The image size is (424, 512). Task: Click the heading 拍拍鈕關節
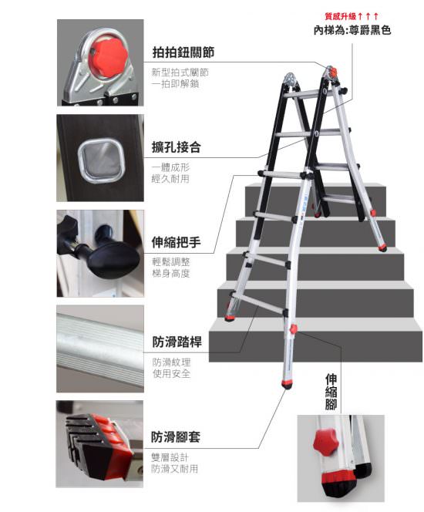click(x=183, y=52)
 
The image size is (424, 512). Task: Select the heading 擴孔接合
click(x=176, y=147)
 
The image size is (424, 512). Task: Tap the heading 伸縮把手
click(x=176, y=242)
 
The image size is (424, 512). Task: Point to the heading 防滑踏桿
click(x=177, y=342)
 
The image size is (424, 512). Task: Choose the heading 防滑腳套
click(x=176, y=437)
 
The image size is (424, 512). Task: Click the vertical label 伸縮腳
click(x=331, y=392)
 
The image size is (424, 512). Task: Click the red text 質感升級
click(x=340, y=16)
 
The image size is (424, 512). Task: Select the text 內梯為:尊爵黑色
click(x=352, y=30)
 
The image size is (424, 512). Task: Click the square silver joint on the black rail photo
click(x=101, y=160)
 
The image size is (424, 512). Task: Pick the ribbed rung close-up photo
click(x=100, y=349)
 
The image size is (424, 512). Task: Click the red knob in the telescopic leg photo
click(x=325, y=441)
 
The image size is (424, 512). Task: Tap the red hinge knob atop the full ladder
click(x=332, y=72)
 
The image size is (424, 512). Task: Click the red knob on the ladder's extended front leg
click(x=293, y=329)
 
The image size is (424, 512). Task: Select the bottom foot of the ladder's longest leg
click(x=287, y=384)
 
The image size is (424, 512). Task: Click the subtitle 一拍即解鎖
click(x=175, y=84)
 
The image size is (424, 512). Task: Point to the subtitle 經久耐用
click(x=170, y=179)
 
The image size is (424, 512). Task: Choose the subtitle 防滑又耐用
click(x=175, y=469)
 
